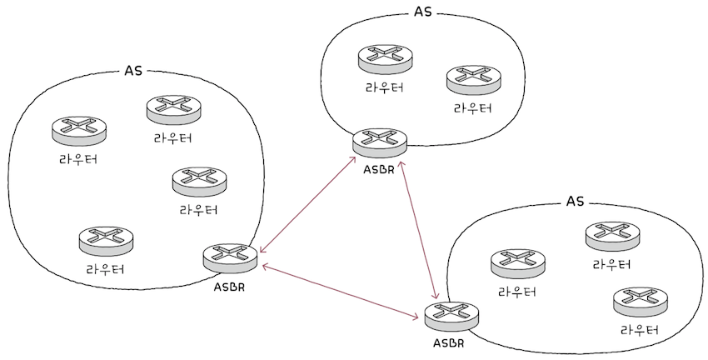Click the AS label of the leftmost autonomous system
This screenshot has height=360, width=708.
(133, 70)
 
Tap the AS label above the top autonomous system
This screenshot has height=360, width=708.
(423, 12)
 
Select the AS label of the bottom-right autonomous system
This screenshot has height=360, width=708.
(575, 202)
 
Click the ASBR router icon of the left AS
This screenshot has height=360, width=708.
(230, 257)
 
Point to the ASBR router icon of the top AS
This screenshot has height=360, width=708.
(380, 142)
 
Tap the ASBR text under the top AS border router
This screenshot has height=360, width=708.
(381, 172)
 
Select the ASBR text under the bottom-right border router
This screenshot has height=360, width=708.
(449, 343)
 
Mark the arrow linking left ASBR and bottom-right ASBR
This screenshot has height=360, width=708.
(341, 292)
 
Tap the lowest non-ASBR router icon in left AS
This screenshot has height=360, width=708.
(106, 240)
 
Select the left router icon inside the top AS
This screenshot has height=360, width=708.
(386, 57)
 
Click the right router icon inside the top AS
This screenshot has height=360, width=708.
(473, 79)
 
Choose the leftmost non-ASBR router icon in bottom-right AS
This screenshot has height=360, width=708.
(517, 262)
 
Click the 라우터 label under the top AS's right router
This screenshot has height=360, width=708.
(472, 109)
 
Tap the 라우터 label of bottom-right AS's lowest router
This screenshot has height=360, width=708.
(639, 329)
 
